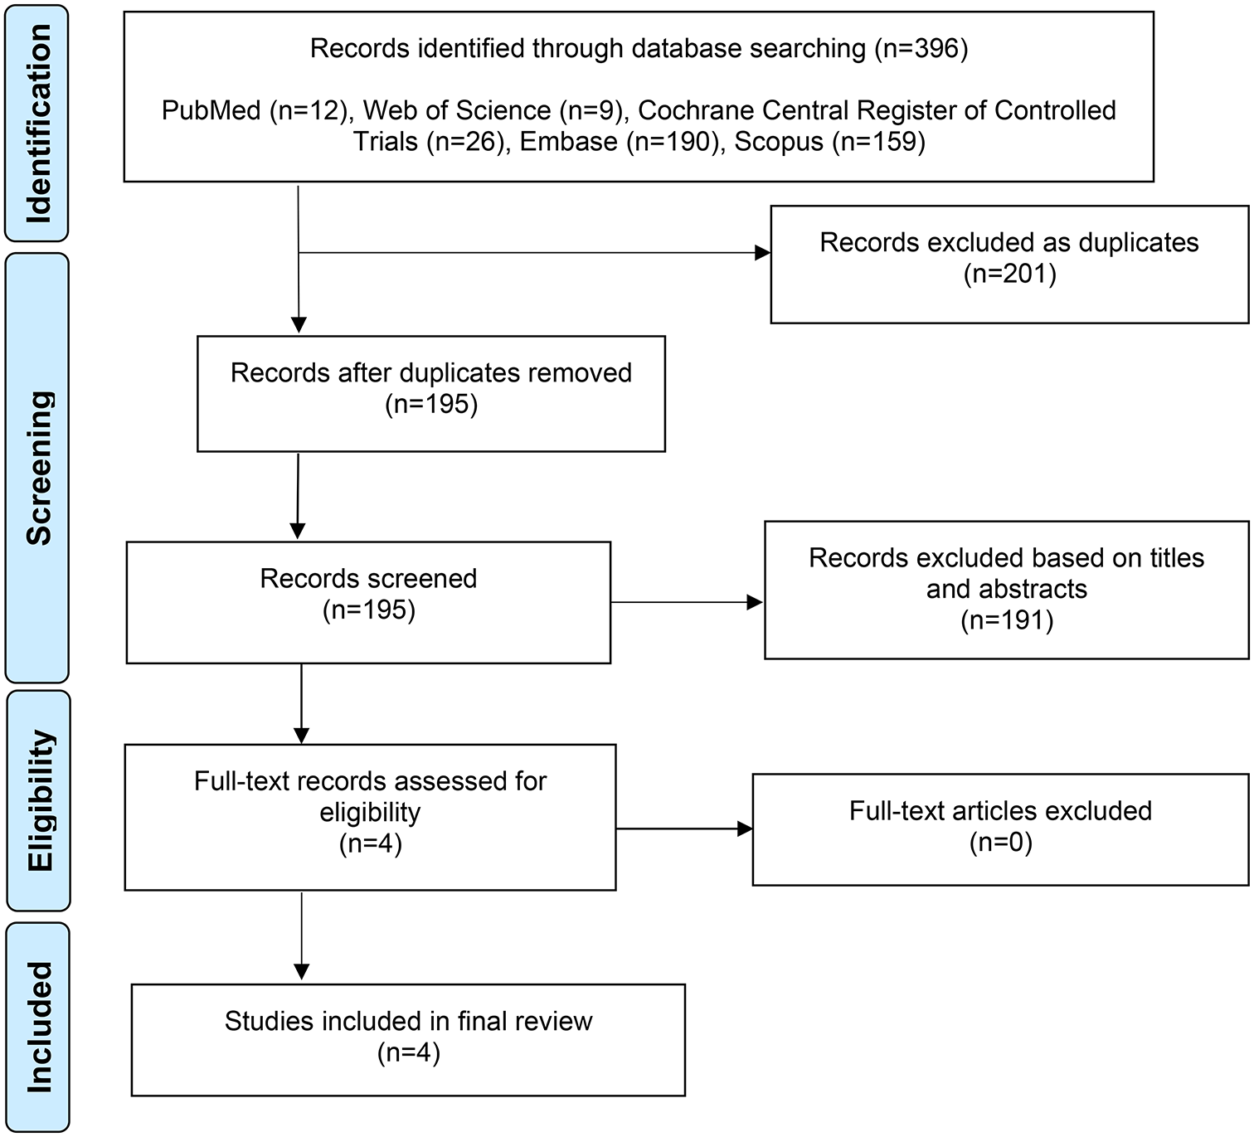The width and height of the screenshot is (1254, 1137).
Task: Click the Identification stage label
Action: (x=38, y=123)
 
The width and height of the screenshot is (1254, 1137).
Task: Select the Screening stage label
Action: (x=38, y=467)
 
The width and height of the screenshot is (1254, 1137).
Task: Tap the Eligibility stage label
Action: (x=38, y=800)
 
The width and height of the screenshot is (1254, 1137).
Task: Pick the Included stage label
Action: (x=38, y=1027)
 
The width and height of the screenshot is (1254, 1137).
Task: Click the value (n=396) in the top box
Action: (x=921, y=49)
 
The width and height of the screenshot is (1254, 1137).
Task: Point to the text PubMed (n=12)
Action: (x=254, y=110)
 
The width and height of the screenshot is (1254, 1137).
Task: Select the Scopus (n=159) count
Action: (x=829, y=142)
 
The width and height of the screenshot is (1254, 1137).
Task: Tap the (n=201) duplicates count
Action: (x=1009, y=274)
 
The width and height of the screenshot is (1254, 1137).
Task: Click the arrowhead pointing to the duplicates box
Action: (x=762, y=253)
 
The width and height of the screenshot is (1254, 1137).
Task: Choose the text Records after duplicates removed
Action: (x=430, y=373)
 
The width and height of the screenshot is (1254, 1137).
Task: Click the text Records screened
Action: (x=368, y=579)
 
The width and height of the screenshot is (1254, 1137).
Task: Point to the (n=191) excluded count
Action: (x=1006, y=620)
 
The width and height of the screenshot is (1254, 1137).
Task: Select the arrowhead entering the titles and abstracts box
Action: (x=755, y=603)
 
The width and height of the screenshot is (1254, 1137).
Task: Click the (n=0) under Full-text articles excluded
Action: (x=1000, y=843)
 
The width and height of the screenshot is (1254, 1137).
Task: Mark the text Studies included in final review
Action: (x=408, y=1021)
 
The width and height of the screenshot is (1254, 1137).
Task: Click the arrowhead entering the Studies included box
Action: (x=302, y=971)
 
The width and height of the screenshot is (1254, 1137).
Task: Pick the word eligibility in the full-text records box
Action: (x=370, y=813)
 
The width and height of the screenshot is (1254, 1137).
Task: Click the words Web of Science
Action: (x=457, y=110)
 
